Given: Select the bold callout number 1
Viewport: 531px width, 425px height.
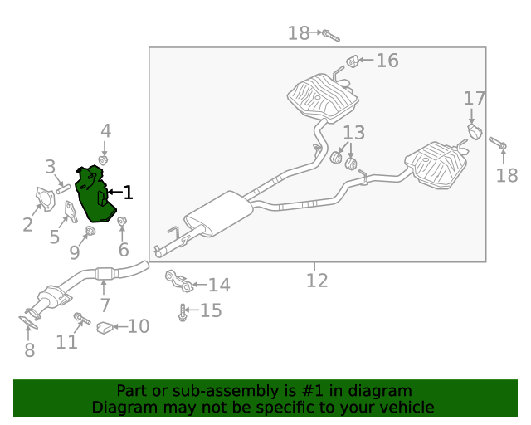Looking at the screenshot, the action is click(x=128, y=193).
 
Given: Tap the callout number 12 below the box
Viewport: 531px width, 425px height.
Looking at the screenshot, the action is click(x=317, y=281).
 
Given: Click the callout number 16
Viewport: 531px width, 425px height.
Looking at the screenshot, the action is click(x=387, y=61).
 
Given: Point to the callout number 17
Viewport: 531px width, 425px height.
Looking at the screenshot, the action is click(x=474, y=99).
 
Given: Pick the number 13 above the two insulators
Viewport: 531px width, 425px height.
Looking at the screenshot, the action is click(x=354, y=133).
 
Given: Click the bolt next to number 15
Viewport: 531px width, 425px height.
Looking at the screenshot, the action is click(x=183, y=312).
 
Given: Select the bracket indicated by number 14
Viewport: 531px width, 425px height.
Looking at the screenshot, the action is click(x=179, y=281).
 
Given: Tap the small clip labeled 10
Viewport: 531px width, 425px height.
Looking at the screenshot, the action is click(x=105, y=327).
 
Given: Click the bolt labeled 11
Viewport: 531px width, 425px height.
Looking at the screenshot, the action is click(x=82, y=318).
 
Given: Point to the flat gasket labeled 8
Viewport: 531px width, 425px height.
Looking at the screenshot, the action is click(x=28, y=322).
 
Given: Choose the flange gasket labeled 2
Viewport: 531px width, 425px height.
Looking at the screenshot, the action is click(x=45, y=199).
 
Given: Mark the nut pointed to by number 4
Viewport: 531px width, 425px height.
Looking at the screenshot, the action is click(x=103, y=160).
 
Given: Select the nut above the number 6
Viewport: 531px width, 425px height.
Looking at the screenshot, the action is click(x=122, y=222).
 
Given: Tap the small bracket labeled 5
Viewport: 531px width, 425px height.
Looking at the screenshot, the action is click(x=71, y=212).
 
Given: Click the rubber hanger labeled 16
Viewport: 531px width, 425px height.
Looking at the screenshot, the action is click(x=353, y=61).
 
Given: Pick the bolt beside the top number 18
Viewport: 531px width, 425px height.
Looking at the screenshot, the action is click(x=330, y=36).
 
